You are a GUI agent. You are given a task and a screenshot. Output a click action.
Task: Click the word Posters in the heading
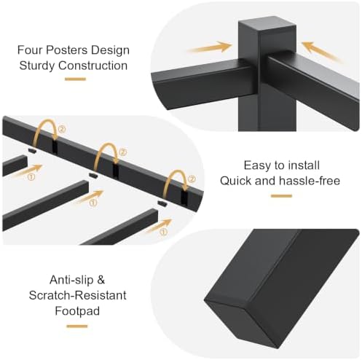click(66, 50)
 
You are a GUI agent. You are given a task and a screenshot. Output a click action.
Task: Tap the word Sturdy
click(37, 66)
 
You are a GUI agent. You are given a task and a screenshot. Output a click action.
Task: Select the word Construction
click(93, 66)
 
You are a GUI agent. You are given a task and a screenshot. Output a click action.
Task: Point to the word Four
click(30, 50)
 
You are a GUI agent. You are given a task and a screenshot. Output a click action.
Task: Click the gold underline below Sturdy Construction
click(75, 79)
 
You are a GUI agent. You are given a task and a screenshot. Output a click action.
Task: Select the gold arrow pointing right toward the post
click(210, 47)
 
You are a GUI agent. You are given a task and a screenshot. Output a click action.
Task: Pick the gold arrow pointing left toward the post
click(323, 52)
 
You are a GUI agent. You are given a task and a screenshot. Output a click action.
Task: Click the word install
click(304, 165)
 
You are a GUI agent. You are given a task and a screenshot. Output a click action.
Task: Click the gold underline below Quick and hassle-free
click(281, 196)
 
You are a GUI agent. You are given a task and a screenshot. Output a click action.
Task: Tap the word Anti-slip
click(71, 280)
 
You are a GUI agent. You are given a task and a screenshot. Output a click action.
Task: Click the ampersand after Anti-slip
click(101, 280)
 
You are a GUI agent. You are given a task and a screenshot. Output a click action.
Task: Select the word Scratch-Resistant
click(78, 295)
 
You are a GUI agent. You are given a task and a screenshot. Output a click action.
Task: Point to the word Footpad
click(77, 311)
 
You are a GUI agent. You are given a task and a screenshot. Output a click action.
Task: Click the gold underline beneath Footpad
click(77, 326)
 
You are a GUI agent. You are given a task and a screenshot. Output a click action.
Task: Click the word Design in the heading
click(110, 50)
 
